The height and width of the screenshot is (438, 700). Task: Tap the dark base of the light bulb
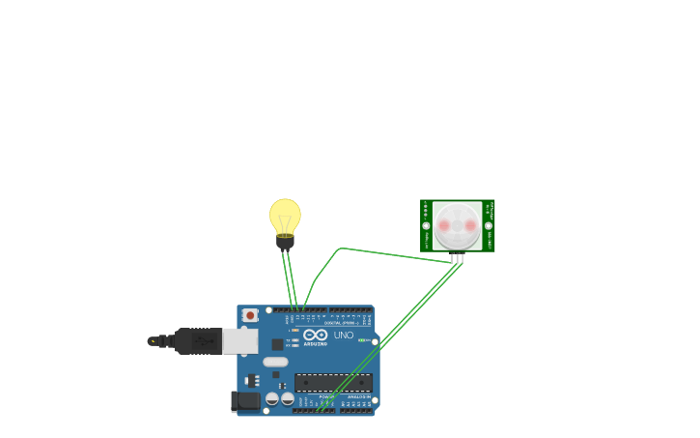coord(285,242)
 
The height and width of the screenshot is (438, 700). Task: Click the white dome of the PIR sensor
coord(457,225)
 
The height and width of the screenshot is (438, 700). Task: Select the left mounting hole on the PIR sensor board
coord(426,225)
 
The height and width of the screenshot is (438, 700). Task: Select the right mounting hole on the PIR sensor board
coord(489,225)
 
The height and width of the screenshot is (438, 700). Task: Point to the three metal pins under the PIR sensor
coord(457,258)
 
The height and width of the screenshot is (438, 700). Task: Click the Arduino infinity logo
coord(316,335)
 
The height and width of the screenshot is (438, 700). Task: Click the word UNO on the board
coord(344,336)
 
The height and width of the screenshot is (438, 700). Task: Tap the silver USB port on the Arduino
coord(240,340)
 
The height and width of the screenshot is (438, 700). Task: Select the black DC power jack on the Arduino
coord(246,400)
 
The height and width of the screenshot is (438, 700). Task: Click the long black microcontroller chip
coord(333,382)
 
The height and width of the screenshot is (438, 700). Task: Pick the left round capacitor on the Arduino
coord(272,398)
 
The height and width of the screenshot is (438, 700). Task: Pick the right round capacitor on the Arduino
coord(288,398)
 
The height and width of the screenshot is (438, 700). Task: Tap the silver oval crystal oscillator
coord(275,362)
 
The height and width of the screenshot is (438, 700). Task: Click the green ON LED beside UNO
coord(363,340)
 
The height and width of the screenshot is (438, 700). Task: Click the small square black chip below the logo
coord(278,344)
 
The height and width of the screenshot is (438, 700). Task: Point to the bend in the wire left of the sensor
coord(340,248)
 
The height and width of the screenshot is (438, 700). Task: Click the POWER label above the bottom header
coord(327,396)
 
